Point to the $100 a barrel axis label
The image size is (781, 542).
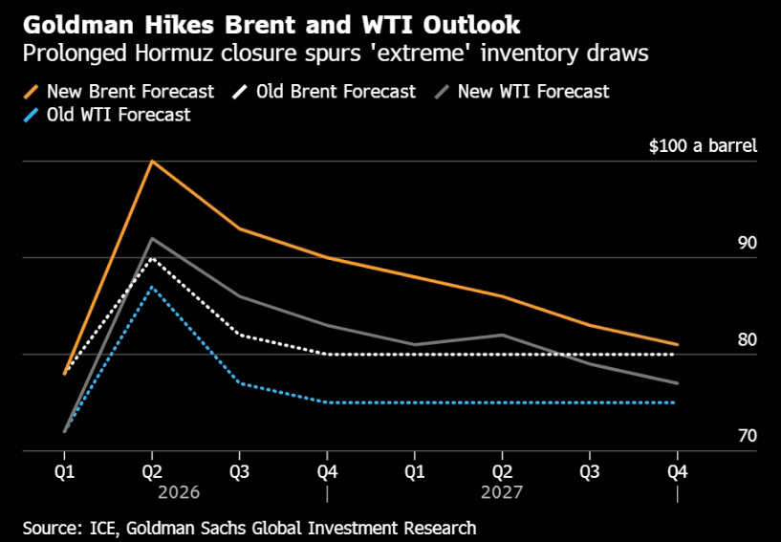click(703, 146)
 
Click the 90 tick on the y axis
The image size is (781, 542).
click(747, 243)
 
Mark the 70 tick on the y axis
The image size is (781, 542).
click(747, 436)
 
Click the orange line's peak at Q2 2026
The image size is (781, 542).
click(152, 161)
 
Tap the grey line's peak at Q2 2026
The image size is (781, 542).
click(152, 238)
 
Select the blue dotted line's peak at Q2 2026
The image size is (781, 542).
click(152, 287)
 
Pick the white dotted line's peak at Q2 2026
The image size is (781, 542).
click(152, 258)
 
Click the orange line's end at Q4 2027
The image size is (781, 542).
click(678, 344)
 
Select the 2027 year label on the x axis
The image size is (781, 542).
click(503, 494)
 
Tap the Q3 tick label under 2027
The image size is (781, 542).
click(590, 471)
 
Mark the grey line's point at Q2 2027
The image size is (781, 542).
click(503, 335)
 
